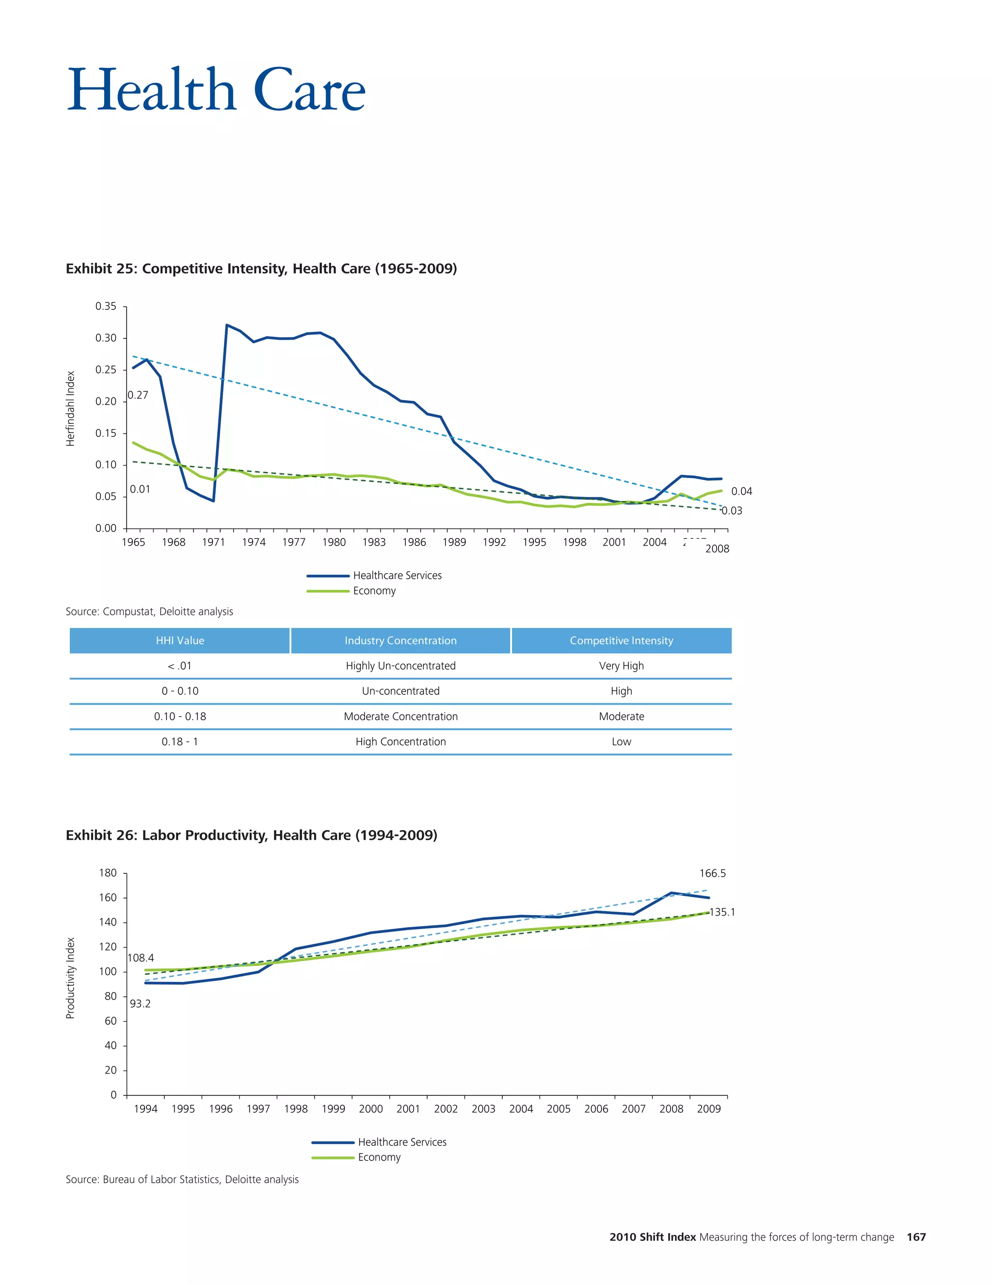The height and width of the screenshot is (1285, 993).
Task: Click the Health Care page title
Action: (x=216, y=90)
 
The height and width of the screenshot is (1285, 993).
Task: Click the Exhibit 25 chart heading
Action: (x=261, y=269)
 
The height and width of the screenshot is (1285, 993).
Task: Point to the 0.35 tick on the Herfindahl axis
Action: (x=106, y=306)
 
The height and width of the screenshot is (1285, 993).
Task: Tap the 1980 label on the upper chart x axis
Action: (x=334, y=542)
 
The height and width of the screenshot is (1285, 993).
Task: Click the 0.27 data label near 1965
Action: (x=138, y=395)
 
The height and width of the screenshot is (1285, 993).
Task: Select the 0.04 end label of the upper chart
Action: (x=741, y=491)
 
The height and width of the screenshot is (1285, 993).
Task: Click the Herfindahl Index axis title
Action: (x=71, y=408)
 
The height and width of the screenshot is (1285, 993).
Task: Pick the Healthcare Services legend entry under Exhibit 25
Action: (x=397, y=576)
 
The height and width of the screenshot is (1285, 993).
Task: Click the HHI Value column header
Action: (x=180, y=641)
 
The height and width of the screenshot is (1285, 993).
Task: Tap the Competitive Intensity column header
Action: (x=621, y=641)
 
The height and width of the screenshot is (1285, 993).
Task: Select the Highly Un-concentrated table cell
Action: (x=400, y=666)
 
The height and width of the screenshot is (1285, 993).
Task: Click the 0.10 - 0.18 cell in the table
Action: (x=180, y=717)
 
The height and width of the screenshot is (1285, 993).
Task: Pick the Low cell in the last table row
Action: (x=621, y=742)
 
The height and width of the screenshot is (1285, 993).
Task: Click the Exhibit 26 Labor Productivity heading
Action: (x=251, y=835)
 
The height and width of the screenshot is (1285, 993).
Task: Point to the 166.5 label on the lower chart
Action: (x=712, y=874)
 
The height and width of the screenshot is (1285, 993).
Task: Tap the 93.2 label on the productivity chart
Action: (x=140, y=1004)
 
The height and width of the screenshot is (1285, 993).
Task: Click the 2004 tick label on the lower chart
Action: (x=521, y=1109)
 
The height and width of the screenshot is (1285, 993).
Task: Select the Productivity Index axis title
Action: (x=71, y=978)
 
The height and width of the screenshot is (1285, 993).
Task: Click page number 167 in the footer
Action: (x=916, y=1237)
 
